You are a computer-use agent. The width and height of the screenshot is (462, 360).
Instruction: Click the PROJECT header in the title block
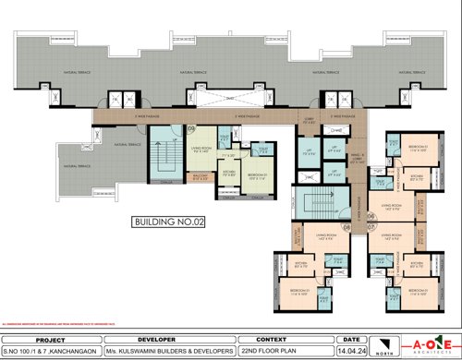click(47, 339)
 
